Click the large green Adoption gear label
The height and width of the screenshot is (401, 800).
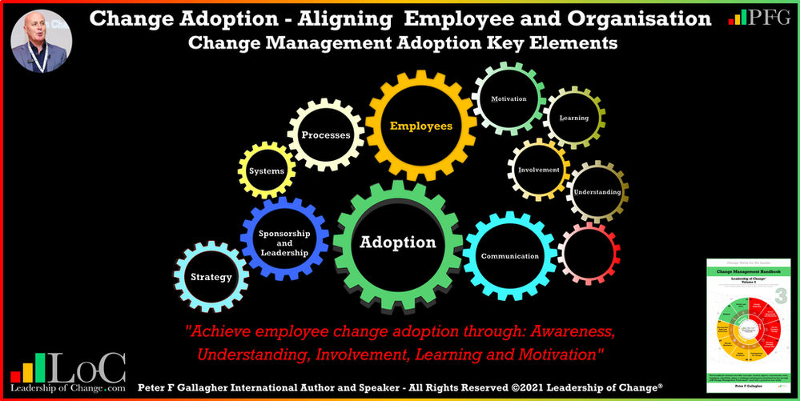click(397, 243)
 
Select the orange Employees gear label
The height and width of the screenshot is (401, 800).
click(421, 126)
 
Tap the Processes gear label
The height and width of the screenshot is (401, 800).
click(326, 135)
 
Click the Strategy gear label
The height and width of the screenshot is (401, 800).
click(211, 277)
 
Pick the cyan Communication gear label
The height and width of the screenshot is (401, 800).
click(509, 256)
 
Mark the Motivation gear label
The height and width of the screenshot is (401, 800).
click(509, 99)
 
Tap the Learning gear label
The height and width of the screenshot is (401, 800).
click(574, 118)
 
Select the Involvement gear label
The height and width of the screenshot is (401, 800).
click(539, 170)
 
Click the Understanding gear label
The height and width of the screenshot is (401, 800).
click(597, 192)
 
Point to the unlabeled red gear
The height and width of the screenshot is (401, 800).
click(587, 254)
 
